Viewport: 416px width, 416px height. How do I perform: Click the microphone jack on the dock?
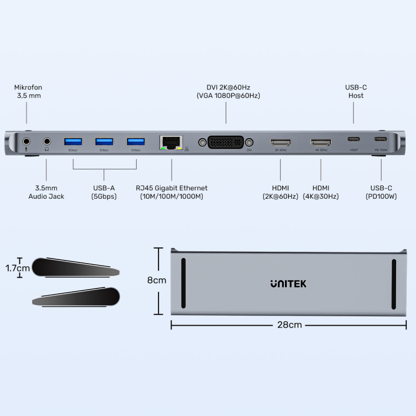(27, 141)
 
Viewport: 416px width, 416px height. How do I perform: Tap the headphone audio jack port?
(47, 141)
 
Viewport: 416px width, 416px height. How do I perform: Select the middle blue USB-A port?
(104, 141)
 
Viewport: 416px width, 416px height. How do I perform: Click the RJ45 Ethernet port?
(171, 141)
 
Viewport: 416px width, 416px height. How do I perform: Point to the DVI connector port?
(226, 141)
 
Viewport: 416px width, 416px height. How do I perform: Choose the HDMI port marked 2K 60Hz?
(280, 141)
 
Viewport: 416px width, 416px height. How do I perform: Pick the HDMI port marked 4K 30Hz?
(321, 141)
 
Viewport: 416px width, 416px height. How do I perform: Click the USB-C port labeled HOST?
(354, 140)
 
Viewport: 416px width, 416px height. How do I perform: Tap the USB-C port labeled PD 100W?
(381, 140)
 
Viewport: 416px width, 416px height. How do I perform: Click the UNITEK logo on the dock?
(288, 283)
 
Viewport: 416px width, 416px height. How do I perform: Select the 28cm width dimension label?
(289, 325)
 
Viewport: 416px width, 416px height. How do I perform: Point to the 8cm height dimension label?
(157, 280)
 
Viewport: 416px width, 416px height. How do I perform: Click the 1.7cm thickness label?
(18, 268)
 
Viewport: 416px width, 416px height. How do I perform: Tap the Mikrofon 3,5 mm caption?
(28, 92)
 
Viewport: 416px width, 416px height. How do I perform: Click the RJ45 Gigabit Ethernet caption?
(171, 192)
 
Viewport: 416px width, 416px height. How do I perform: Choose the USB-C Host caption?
(356, 92)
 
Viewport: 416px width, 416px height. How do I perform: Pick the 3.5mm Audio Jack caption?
(46, 192)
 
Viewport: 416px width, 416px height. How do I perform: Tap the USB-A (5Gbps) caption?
(104, 192)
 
